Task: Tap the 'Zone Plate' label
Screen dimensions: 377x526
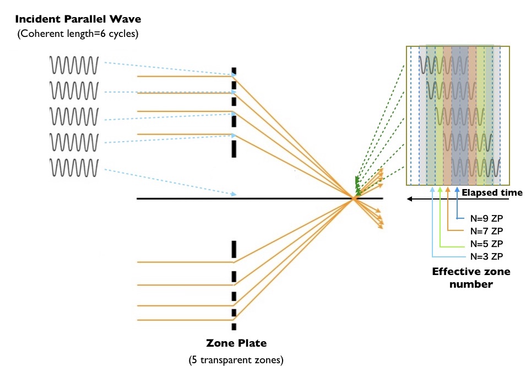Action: coord(236,343)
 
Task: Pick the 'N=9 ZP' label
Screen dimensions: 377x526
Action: coord(486,218)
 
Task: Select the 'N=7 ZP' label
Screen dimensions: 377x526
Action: coord(486,231)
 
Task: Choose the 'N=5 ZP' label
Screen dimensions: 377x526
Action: coord(486,244)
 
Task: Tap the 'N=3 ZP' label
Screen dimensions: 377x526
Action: coord(486,256)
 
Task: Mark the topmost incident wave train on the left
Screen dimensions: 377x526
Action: coord(74,65)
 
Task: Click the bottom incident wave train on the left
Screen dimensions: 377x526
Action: coord(74,167)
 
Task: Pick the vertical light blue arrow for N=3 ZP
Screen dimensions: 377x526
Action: coord(432,220)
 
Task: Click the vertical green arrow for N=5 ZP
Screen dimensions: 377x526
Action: coord(440,215)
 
